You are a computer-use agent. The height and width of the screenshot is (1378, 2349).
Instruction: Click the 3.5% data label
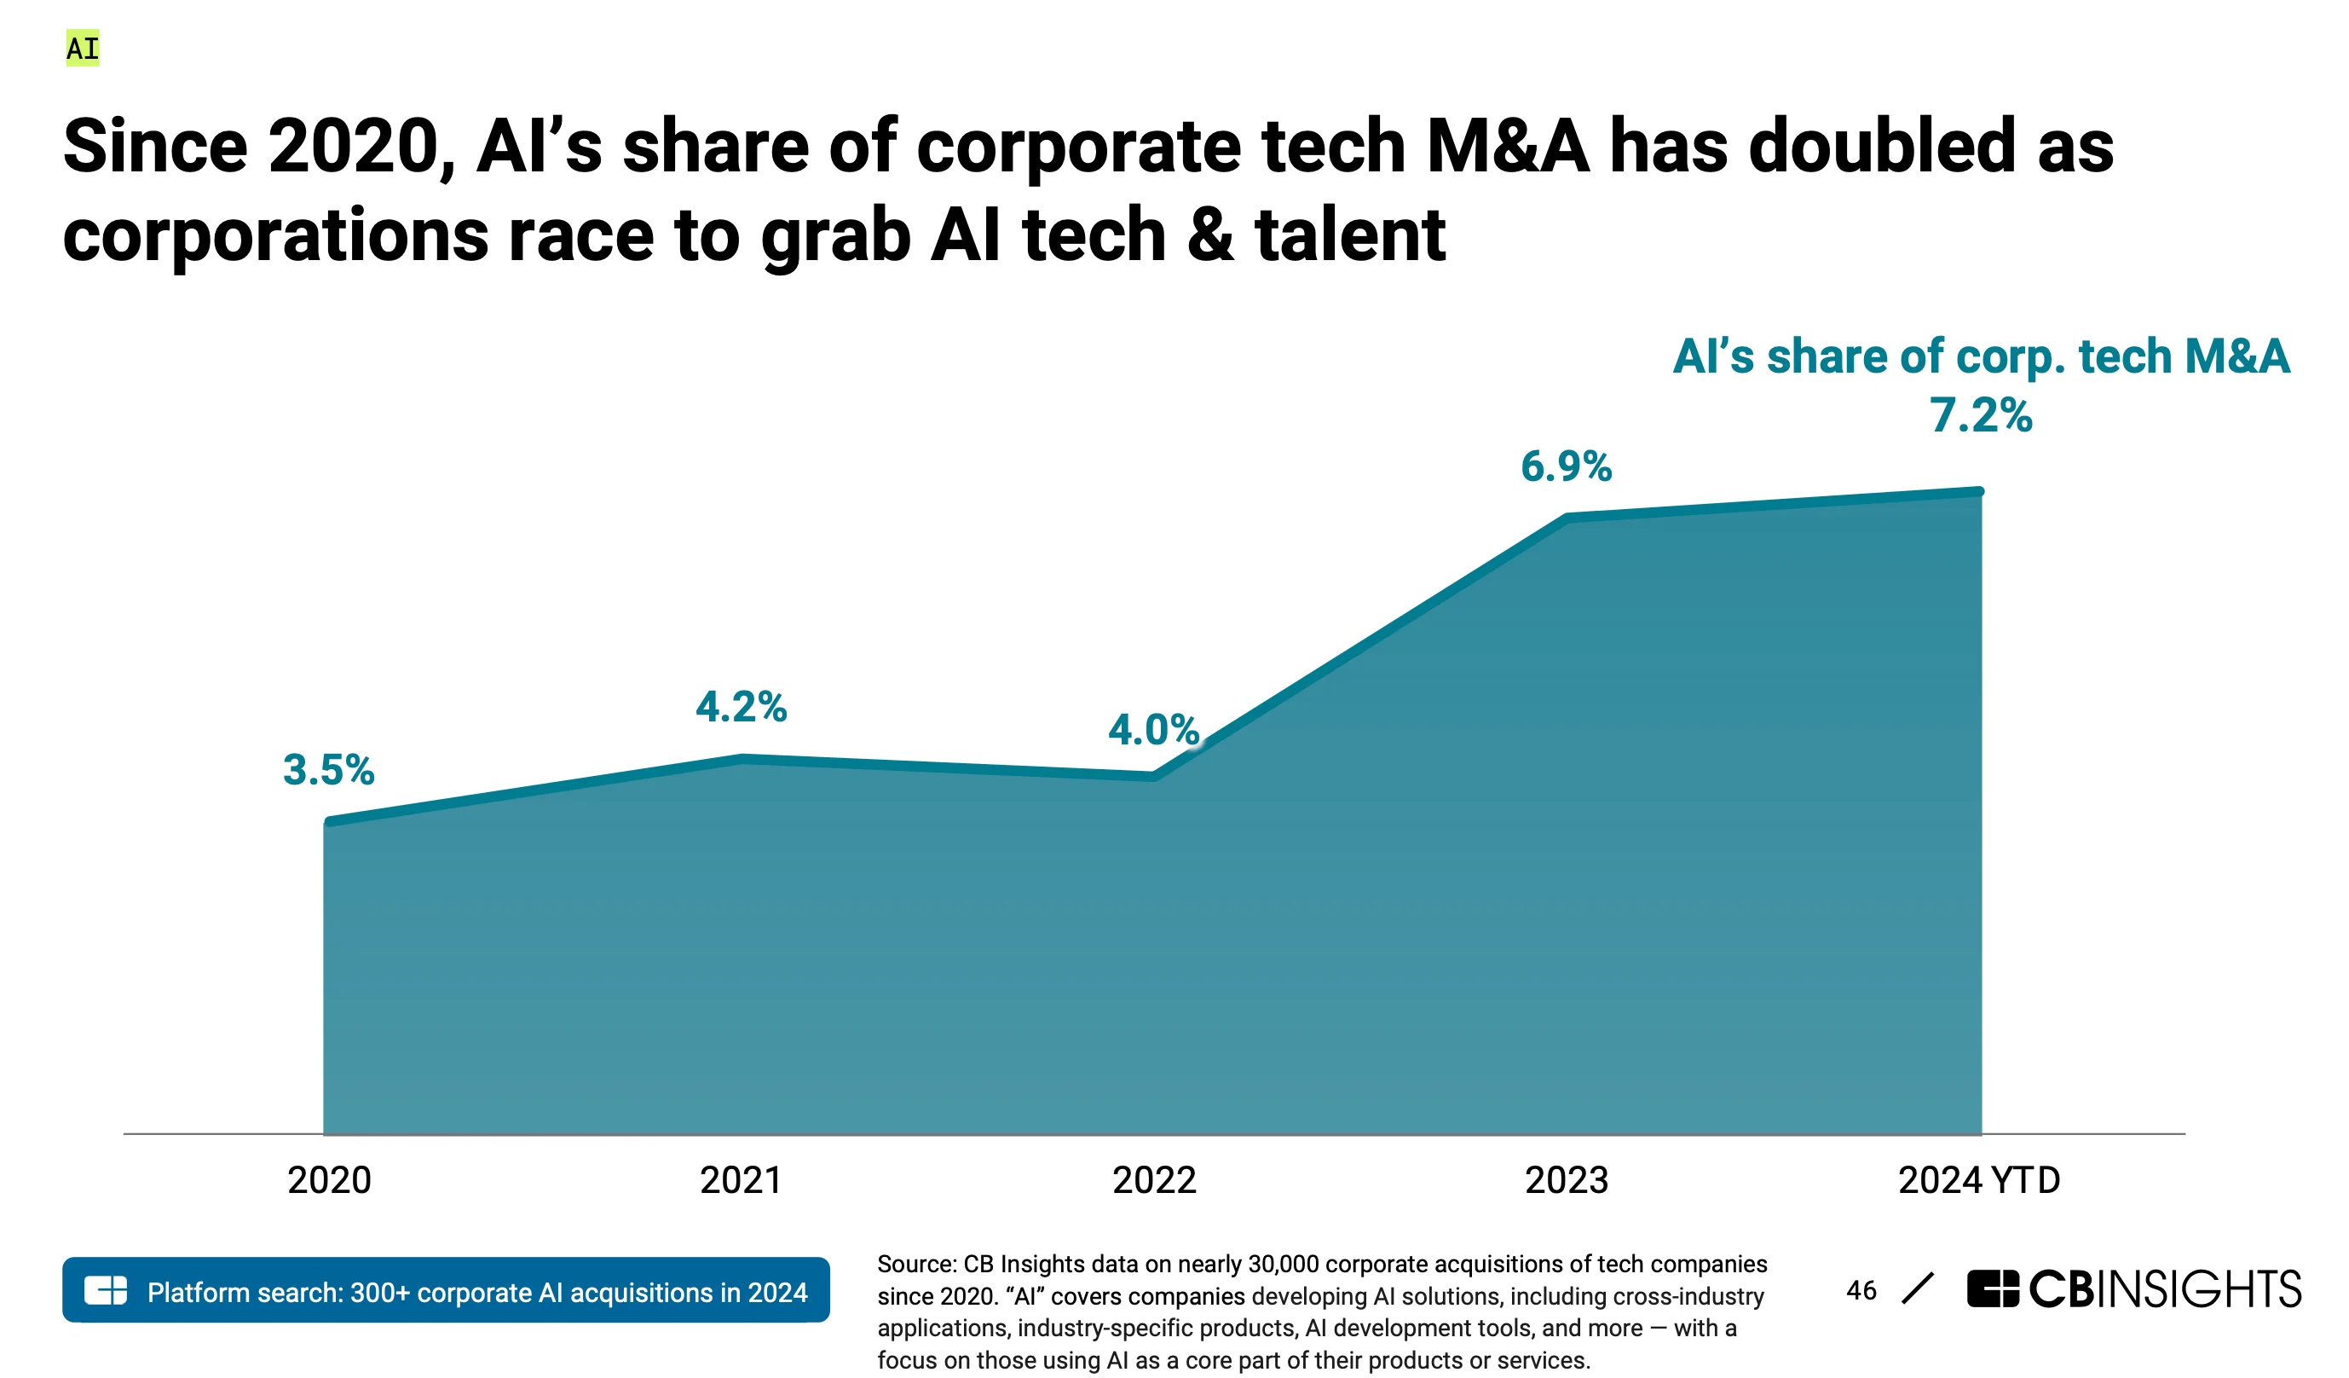point(328,770)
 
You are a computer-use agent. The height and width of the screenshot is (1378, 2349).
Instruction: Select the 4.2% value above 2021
point(741,707)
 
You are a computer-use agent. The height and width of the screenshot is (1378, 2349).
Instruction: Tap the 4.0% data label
point(1153,729)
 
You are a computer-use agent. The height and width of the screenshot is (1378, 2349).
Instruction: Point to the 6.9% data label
point(1566,466)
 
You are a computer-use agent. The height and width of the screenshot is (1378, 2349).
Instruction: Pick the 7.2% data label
point(1980,415)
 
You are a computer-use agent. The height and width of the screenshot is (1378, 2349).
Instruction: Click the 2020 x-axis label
point(329,1180)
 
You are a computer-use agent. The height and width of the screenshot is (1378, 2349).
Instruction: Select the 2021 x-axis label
point(741,1180)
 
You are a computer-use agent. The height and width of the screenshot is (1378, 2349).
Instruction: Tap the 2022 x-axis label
point(1154,1180)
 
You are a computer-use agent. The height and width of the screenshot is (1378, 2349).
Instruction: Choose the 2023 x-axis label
point(1566,1180)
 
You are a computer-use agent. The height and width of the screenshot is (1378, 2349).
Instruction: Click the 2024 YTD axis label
point(1979,1180)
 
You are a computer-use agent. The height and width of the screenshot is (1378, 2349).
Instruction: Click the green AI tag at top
point(82,49)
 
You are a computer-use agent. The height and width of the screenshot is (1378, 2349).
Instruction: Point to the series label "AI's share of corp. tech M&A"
point(1980,356)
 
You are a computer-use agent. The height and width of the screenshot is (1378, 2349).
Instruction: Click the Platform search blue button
point(446,1290)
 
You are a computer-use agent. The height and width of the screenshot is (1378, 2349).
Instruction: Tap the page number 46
point(1861,1290)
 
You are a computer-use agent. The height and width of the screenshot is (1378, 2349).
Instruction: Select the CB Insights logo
point(2133,1288)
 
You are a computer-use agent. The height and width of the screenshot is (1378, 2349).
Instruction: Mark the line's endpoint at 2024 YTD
point(1979,491)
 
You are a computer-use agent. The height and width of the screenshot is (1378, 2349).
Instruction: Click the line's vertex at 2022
point(1154,775)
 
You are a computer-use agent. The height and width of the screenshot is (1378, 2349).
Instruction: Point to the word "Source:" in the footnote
point(916,1265)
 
